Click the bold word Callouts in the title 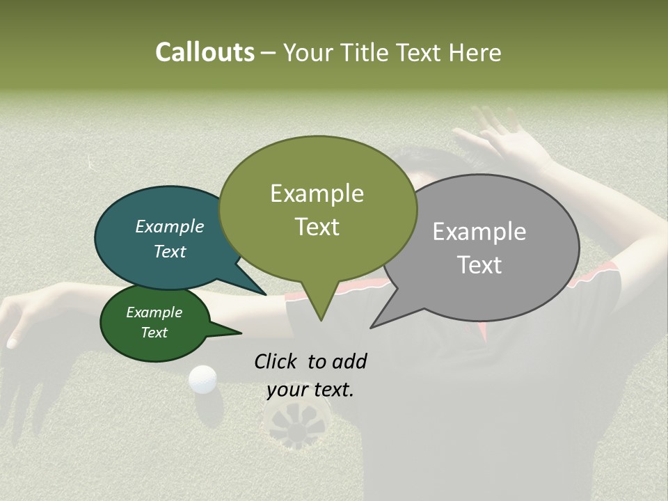tap(205, 52)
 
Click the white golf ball tap(202, 379)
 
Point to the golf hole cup tap(297, 423)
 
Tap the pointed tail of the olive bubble tap(320, 313)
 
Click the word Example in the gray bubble tap(479, 232)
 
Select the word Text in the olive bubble tap(317, 226)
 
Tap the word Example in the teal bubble tap(170, 227)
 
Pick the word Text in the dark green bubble tap(154, 333)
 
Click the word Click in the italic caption tap(277, 361)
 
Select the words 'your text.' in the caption tap(310, 390)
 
